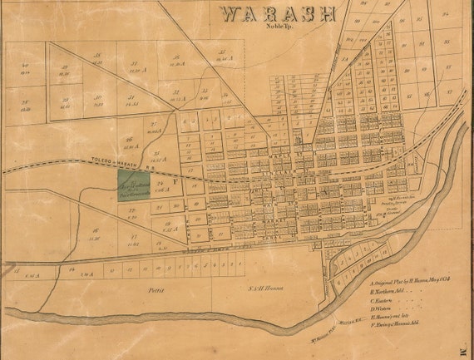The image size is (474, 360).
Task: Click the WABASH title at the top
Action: click(278, 14)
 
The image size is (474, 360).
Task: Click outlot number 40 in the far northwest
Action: click(26, 67)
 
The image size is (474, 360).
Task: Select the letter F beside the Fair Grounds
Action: click(174, 180)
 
